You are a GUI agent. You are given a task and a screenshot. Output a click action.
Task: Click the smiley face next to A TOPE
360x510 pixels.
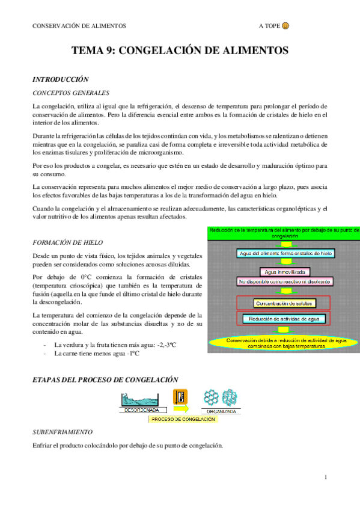point(285,26)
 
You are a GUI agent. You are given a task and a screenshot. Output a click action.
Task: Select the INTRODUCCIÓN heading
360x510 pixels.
point(60,79)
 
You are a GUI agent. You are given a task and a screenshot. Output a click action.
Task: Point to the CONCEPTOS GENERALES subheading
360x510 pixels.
point(71,93)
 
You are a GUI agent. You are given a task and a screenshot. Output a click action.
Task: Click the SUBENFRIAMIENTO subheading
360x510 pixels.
point(63,432)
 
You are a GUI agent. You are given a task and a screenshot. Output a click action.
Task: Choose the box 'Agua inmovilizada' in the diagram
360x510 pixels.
point(284,272)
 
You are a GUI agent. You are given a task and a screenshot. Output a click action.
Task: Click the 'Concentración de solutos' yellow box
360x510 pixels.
point(284,303)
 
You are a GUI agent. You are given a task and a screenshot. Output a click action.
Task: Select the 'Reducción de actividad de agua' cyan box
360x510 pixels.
point(284,318)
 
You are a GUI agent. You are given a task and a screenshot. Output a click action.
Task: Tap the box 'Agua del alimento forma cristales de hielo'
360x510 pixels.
point(284,253)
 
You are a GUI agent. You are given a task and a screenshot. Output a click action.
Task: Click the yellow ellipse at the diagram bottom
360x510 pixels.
point(284,343)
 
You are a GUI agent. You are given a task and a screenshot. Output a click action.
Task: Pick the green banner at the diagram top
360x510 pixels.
point(284,233)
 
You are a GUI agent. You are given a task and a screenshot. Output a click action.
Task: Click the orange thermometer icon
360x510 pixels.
point(180,396)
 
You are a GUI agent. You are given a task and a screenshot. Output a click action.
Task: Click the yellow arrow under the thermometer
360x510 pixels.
point(180,408)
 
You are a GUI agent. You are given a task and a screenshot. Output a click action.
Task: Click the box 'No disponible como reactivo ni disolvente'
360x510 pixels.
point(284,281)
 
